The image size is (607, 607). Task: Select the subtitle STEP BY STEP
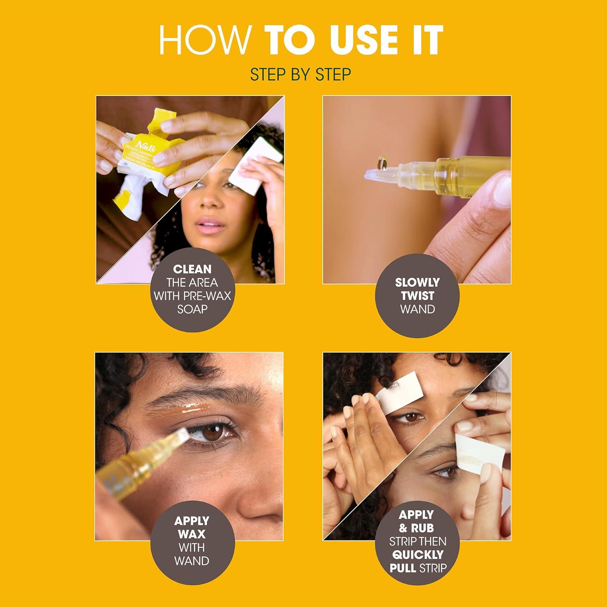(x=300, y=75)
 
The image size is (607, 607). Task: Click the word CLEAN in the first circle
(x=192, y=269)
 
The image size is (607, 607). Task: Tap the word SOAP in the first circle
(x=192, y=309)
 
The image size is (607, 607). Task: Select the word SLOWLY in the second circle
(x=417, y=282)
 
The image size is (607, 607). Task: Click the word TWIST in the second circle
(x=417, y=295)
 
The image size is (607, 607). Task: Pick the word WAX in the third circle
(x=192, y=534)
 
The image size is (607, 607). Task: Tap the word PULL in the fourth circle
(x=403, y=568)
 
